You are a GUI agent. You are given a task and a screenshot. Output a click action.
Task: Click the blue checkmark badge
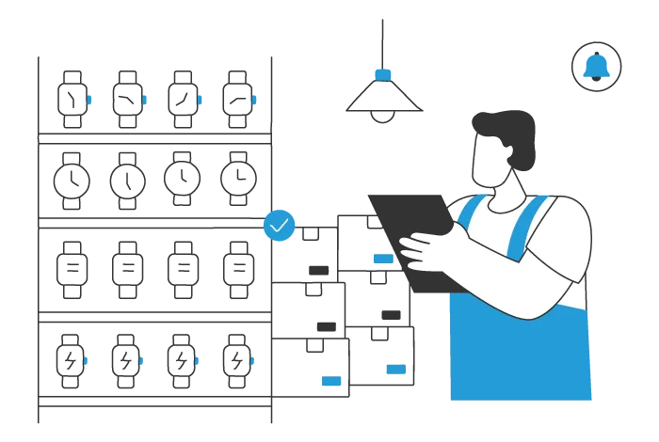pyautogui.click(x=280, y=226)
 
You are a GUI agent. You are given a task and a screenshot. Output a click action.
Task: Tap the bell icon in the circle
pyautogui.click(x=596, y=66)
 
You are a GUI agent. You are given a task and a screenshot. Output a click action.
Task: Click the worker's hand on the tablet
pyautogui.click(x=428, y=249)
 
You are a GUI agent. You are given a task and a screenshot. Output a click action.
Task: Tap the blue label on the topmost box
pyautogui.click(x=382, y=258)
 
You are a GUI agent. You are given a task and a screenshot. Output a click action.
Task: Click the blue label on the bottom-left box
pyautogui.click(x=331, y=382)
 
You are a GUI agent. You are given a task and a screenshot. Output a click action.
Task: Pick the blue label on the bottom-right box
pyautogui.click(x=395, y=368)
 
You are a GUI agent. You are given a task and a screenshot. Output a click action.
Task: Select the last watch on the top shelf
pyautogui.click(x=236, y=97)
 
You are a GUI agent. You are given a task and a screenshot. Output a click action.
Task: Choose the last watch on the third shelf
pyautogui.click(x=236, y=268)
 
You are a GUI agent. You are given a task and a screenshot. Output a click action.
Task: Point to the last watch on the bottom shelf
pyautogui.click(x=236, y=359)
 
